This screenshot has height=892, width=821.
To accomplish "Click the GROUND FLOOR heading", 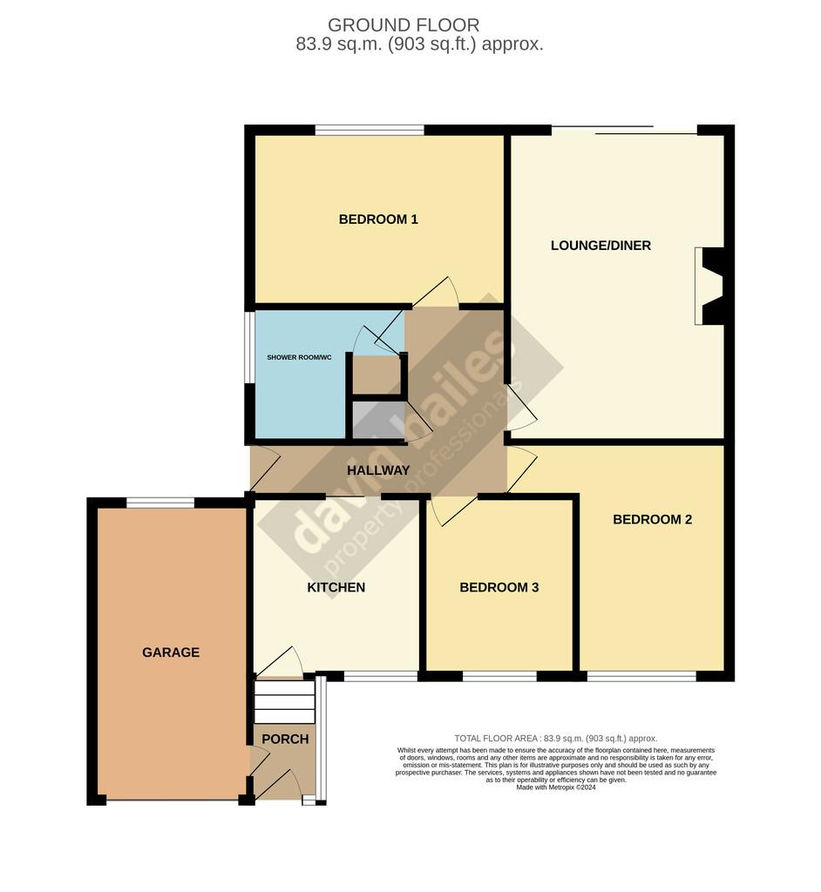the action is pos(404,25).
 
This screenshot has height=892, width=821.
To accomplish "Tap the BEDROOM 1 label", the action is pos(378,219).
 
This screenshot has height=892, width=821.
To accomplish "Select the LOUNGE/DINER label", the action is pos(600,245).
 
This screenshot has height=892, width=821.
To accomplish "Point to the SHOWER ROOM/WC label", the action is pos(299,357).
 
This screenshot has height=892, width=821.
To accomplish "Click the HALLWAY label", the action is pos(378,470).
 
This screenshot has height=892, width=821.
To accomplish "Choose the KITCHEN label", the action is pos(336,587).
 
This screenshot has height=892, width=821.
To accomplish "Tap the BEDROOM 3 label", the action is pos(499,587).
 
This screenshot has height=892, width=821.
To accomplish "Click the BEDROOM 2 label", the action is pos(653,519).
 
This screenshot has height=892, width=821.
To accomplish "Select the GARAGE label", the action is pos(171,652).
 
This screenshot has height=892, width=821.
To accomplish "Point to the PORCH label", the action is pos(285,739).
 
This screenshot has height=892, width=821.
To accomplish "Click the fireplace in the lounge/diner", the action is pos(709,286).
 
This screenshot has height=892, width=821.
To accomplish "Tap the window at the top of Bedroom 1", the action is pos(370,131).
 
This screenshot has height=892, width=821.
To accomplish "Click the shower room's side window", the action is pos(249,347).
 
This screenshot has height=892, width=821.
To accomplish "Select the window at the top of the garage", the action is pos(160,503).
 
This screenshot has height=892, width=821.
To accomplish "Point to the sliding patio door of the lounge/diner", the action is pos(624,131).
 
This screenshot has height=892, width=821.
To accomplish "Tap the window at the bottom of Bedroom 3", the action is pos(499,676).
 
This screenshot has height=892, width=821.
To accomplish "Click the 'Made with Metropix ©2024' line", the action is pos(556,787).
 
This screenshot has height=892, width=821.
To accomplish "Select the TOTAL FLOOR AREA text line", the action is pos(556,739).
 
